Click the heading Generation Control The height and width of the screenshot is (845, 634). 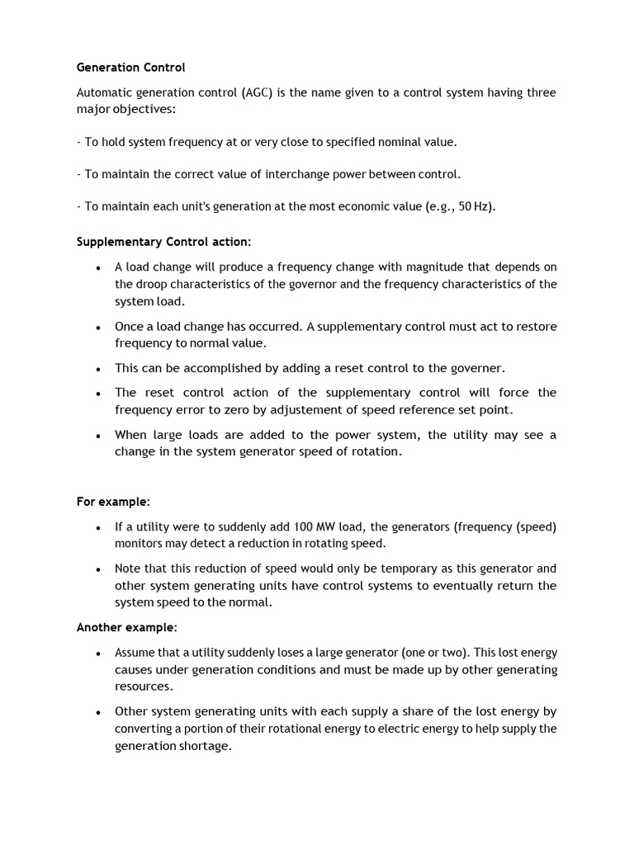[131, 67]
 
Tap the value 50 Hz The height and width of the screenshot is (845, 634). [475, 206]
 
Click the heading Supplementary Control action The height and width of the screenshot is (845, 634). [163, 242]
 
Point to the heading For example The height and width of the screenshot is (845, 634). [114, 502]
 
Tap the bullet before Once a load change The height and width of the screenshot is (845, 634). [98, 328]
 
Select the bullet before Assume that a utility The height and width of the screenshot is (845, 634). [98, 653]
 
